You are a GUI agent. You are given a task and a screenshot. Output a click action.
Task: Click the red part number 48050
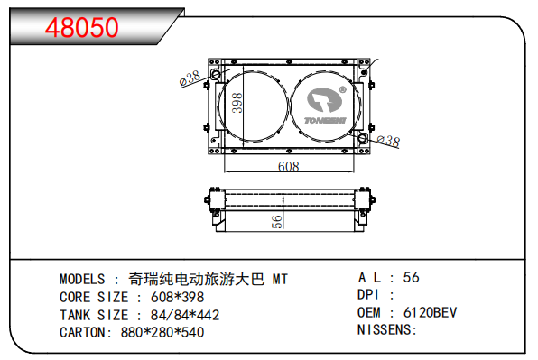tap(81, 28)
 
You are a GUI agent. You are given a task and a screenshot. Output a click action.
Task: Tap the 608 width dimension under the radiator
tap(289, 166)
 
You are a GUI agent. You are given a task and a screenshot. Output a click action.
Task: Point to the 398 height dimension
tap(237, 103)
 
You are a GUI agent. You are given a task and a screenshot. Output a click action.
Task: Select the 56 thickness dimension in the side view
tap(277, 221)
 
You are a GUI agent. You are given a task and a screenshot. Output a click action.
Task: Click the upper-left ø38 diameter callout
tap(190, 78)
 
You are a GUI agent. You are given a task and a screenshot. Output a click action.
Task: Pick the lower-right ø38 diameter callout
tap(388, 141)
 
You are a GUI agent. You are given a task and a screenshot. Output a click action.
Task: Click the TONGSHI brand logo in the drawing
tap(325, 106)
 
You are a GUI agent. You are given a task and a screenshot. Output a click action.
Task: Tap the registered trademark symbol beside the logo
tap(342, 90)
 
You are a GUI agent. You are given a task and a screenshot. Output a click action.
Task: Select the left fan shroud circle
tap(218, 106)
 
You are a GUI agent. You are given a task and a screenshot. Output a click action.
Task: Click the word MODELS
tap(82, 279)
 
